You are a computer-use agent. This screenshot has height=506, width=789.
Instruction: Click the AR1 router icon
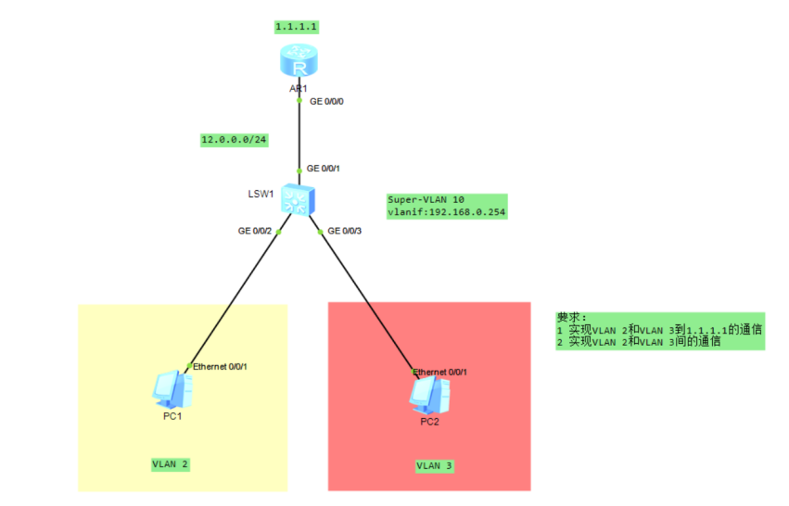click(x=299, y=64)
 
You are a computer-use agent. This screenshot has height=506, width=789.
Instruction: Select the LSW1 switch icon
click(x=299, y=198)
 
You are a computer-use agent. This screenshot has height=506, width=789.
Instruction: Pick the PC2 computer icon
click(x=429, y=397)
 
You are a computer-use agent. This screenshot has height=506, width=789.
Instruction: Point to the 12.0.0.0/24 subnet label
click(x=227, y=140)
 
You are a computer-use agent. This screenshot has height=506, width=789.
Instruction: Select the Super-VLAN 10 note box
click(x=446, y=206)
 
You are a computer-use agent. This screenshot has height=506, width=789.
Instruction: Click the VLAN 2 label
click(x=171, y=463)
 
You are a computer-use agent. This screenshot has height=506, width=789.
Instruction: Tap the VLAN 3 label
click(x=434, y=465)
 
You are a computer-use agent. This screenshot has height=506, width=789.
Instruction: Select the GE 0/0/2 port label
click(x=254, y=230)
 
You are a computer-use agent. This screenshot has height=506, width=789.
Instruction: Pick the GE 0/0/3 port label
click(x=345, y=230)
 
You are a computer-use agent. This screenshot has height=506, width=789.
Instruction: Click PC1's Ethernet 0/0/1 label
click(x=220, y=366)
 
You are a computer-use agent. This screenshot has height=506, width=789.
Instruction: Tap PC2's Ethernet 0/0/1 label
click(x=439, y=372)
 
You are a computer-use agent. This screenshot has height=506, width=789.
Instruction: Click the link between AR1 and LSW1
click(x=299, y=134)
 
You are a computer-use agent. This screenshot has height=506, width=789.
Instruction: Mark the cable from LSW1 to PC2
click(x=365, y=297)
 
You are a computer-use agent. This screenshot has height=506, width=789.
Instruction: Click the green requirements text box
click(x=659, y=331)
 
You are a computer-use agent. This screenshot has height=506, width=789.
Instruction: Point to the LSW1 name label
click(x=260, y=194)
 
